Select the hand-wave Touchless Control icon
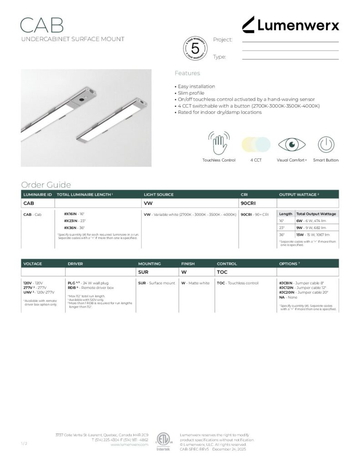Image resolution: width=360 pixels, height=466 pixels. pos(218,143)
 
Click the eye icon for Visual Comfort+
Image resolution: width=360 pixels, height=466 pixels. pos(292,144)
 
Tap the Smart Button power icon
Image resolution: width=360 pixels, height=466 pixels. pos(325,144)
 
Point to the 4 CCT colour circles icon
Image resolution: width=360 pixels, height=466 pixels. pos(255,144)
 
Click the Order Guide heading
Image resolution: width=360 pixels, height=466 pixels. pos(46,185)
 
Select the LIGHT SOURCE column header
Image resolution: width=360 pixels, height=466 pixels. pos(158,195)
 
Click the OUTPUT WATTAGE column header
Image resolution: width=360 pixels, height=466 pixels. pos(299,195)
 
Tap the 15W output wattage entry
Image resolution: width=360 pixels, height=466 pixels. pos(299,234)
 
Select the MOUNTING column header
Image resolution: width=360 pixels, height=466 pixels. pos(149,263)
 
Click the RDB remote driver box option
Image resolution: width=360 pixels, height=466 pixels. pos(71,288)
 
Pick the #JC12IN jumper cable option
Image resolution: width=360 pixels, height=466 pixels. pos(288,288)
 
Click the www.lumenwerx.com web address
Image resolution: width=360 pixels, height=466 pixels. pos(129,445)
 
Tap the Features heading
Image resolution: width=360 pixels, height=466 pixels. pos(187,73)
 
